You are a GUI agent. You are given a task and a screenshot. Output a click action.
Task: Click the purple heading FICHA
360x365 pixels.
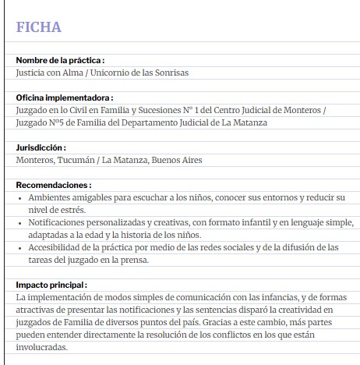(38, 27)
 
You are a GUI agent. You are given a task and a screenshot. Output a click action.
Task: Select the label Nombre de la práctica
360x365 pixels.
(59, 60)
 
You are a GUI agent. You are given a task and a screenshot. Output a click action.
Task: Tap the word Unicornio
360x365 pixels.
(118, 73)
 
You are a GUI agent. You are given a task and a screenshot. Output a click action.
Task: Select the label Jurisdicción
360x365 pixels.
(41, 147)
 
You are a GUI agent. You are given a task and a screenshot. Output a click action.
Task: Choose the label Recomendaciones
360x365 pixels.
(52, 185)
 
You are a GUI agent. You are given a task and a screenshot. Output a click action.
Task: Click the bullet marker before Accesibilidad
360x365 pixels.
(19, 248)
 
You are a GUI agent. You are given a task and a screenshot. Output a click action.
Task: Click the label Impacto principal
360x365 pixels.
(51, 285)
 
